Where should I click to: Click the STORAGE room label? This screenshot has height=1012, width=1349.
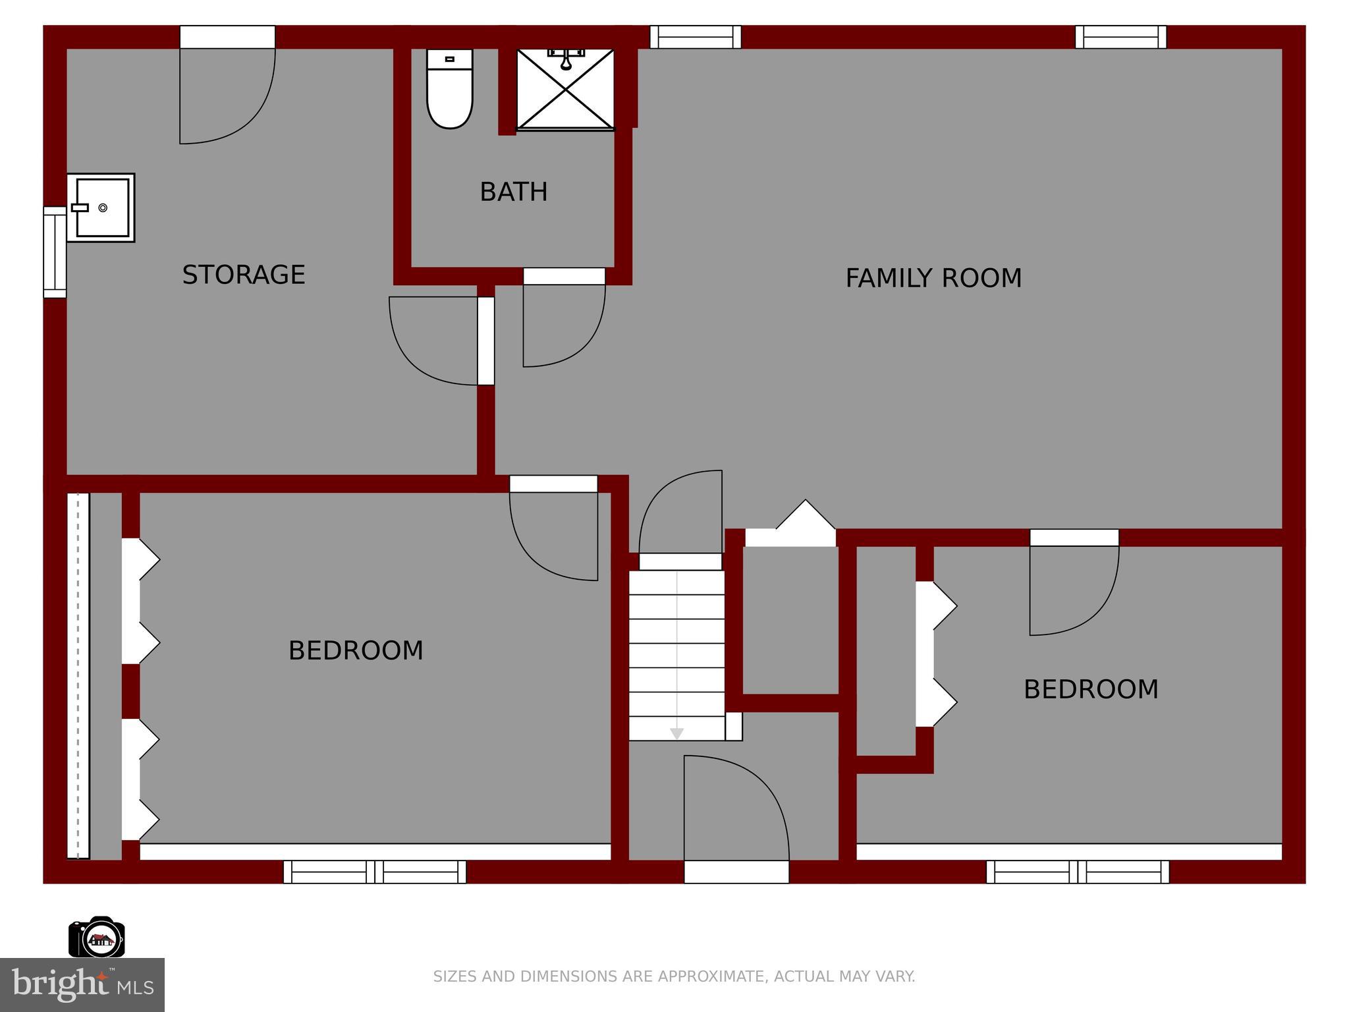(244, 275)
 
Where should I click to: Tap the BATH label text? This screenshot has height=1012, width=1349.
(514, 192)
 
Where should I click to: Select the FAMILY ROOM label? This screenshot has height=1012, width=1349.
(933, 278)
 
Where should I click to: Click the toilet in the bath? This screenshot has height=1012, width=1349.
(450, 89)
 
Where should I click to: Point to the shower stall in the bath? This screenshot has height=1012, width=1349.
(565, 89)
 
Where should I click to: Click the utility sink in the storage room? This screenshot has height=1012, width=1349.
(101, 208)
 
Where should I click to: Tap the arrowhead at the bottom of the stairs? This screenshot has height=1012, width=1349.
(676, 734)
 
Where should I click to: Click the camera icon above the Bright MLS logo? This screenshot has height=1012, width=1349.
(97, 936)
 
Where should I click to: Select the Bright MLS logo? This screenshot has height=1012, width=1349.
(82, 985)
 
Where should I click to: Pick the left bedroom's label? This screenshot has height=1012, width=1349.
(356, 651)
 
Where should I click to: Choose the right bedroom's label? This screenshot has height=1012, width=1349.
(1091, 690)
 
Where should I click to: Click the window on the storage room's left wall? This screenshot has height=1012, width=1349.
(55, 252)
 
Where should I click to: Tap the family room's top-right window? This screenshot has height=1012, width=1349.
(1120, 37)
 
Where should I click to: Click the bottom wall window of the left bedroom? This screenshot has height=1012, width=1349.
(375, 872)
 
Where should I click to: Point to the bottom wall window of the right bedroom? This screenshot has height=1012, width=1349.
(1078, 872)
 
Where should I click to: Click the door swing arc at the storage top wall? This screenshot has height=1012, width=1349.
(248, 116)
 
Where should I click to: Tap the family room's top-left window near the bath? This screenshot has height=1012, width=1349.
(696, 37)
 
